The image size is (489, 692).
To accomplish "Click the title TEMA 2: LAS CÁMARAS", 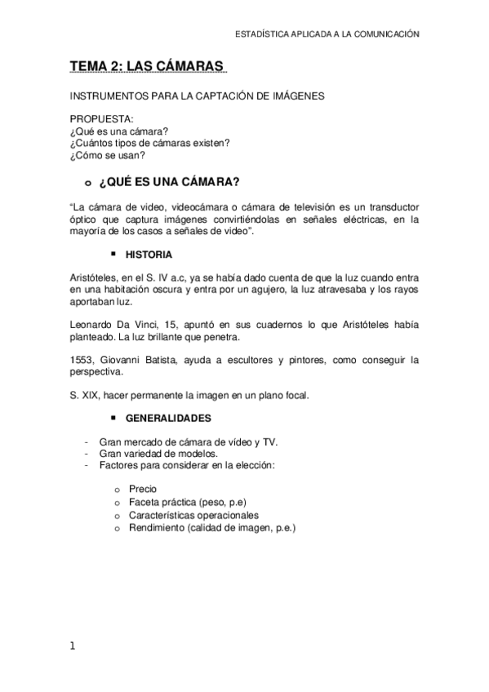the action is pyautogui.click(x=144, y=66).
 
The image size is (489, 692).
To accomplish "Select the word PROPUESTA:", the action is pyautogui.click(x=100, y=118).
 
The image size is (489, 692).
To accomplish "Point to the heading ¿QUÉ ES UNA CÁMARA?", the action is pyautogui.click(x=174, y=181).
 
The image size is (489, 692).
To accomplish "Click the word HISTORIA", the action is pyautogui.click(x=149, y=255).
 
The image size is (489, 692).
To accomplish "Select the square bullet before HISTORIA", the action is pyautogui.click(x=115, y=254).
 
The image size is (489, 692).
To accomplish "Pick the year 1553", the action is pyautogui.click(x=82, y=360).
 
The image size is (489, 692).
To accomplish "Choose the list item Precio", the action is pyautogui.click(x=143, y=488).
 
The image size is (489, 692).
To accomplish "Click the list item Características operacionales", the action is pyautogui.click(x=193, y=515).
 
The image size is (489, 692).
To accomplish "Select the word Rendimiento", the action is pyautogui.click(x=155, y=528).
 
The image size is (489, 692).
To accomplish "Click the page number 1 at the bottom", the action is pyautogui.click(x=73, y=646).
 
